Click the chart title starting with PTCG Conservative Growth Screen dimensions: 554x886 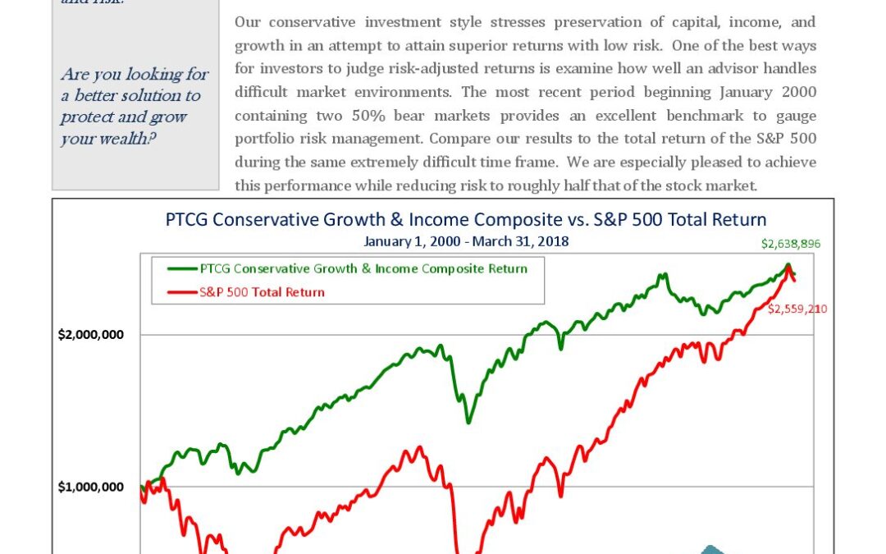coord(465,220)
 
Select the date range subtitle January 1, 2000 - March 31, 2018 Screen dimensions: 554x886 coord(466,241)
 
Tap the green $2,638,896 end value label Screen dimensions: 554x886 coord(791,244)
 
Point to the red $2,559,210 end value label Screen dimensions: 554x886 coord(797,309)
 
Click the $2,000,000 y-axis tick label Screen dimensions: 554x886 coord(90,335)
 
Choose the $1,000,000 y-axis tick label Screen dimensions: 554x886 coord(90,487)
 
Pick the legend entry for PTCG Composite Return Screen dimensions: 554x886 coord(363,268)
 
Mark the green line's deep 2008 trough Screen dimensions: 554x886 coord(468,421)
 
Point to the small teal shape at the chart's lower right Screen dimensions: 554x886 coord(710,550)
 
